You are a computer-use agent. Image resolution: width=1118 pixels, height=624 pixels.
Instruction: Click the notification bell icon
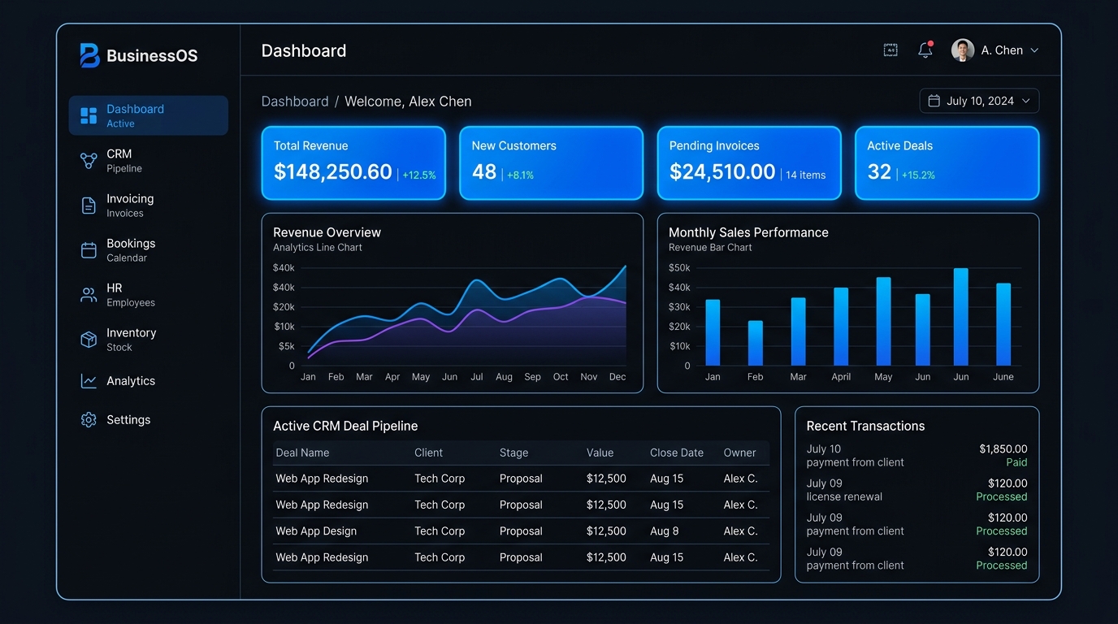[x=925, y=50]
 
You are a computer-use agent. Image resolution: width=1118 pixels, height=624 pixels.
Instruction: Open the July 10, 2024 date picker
[x=979, y=101]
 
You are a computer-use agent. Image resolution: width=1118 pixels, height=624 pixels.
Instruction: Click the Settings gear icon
[x=89, y=420]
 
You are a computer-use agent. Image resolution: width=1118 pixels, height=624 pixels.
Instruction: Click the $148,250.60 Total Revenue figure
[x=333, y=171]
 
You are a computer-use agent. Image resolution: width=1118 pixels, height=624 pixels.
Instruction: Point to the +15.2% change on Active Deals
[x=918, y=175]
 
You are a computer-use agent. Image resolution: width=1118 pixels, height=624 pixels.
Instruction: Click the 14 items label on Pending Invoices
[x=805, y=175]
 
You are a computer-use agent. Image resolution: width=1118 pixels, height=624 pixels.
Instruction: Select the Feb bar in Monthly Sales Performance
[x=755, y=343]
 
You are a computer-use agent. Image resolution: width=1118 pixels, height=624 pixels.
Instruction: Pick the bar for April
[x=841, y=327]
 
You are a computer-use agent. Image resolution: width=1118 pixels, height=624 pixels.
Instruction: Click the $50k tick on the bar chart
[x=679, y=268]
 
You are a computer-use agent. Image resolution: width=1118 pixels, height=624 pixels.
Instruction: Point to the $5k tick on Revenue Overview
[x=287, y=346]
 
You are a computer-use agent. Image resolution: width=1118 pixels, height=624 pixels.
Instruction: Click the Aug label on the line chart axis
[x=504, y=377]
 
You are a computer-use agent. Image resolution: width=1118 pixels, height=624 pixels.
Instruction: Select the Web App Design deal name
[x=316, y=531]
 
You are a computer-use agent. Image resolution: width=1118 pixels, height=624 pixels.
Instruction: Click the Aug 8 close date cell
[x=665, y=531]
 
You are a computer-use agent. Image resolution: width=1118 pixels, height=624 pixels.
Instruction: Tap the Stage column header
[x=513, y=453]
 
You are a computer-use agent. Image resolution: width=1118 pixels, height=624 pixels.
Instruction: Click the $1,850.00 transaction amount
[x=1003, y=448]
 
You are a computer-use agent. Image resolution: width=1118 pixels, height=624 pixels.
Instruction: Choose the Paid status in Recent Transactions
[x=1016, y=462]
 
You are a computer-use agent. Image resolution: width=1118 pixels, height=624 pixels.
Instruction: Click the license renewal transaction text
[x=844, y=496]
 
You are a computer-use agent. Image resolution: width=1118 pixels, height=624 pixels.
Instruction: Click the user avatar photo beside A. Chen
[x=963, y=50]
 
